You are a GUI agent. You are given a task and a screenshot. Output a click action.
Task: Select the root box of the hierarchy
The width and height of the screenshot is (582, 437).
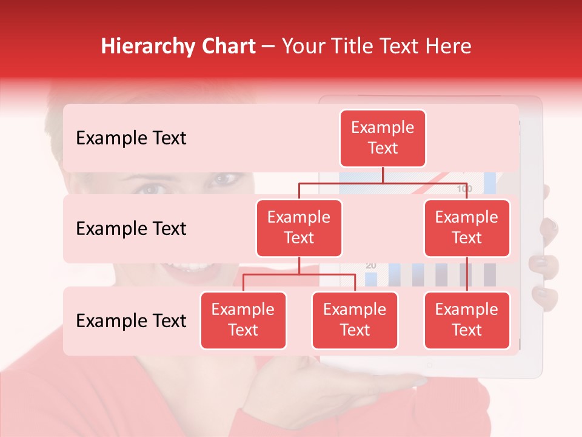[383, 138]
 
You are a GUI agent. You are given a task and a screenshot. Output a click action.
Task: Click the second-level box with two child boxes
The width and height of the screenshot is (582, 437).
[299, 228]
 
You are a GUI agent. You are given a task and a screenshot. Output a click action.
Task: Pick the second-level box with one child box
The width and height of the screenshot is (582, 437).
[467, 228]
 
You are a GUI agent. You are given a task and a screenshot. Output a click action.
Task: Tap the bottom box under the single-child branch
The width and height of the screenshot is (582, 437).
[467, 320]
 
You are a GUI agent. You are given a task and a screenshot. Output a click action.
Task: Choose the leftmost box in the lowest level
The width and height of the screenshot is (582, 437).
[243, 320]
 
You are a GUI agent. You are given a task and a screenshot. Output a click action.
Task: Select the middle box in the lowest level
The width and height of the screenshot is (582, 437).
[355, 320]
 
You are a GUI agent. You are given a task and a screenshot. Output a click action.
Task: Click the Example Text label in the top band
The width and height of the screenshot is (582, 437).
[131, 138]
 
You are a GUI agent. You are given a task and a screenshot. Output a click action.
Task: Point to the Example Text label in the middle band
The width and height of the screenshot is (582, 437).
[131, 229]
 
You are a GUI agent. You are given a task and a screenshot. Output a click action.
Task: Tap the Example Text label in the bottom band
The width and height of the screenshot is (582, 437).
[131, 321]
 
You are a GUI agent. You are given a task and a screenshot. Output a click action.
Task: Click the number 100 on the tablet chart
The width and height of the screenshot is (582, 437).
[464, 189]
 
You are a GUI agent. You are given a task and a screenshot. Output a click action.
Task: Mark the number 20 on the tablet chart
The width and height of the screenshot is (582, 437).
[371, 266]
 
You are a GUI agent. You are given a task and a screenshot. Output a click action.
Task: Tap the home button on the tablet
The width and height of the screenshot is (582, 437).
[429, 365]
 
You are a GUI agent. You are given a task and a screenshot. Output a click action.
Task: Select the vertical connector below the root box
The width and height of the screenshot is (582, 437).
[383, 175]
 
